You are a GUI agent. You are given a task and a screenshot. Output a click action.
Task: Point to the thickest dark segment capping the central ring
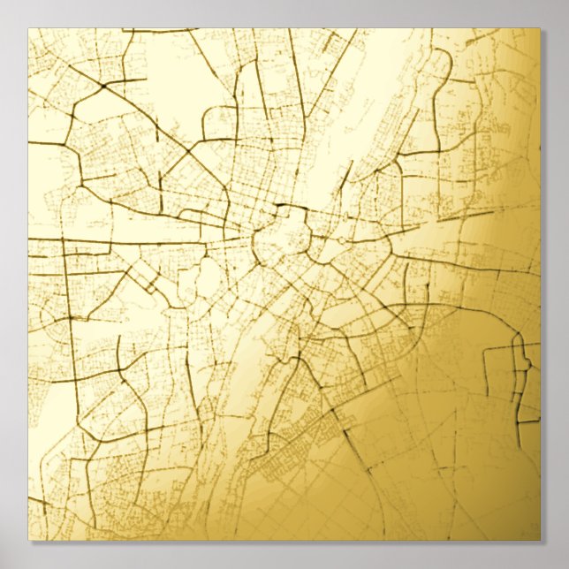tap(284, 208)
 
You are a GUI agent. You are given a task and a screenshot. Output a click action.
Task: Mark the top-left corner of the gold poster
tap(28, 29)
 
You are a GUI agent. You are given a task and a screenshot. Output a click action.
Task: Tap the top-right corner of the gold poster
tap(539, 29)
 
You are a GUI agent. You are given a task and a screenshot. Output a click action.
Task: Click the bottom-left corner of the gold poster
tap(28, 539)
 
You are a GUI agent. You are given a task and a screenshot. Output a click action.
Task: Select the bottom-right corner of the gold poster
tap(539, 539)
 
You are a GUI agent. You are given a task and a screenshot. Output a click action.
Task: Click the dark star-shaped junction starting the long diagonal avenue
tap(104, 86)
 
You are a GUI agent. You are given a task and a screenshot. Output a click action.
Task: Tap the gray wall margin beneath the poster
tap(284, 555)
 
